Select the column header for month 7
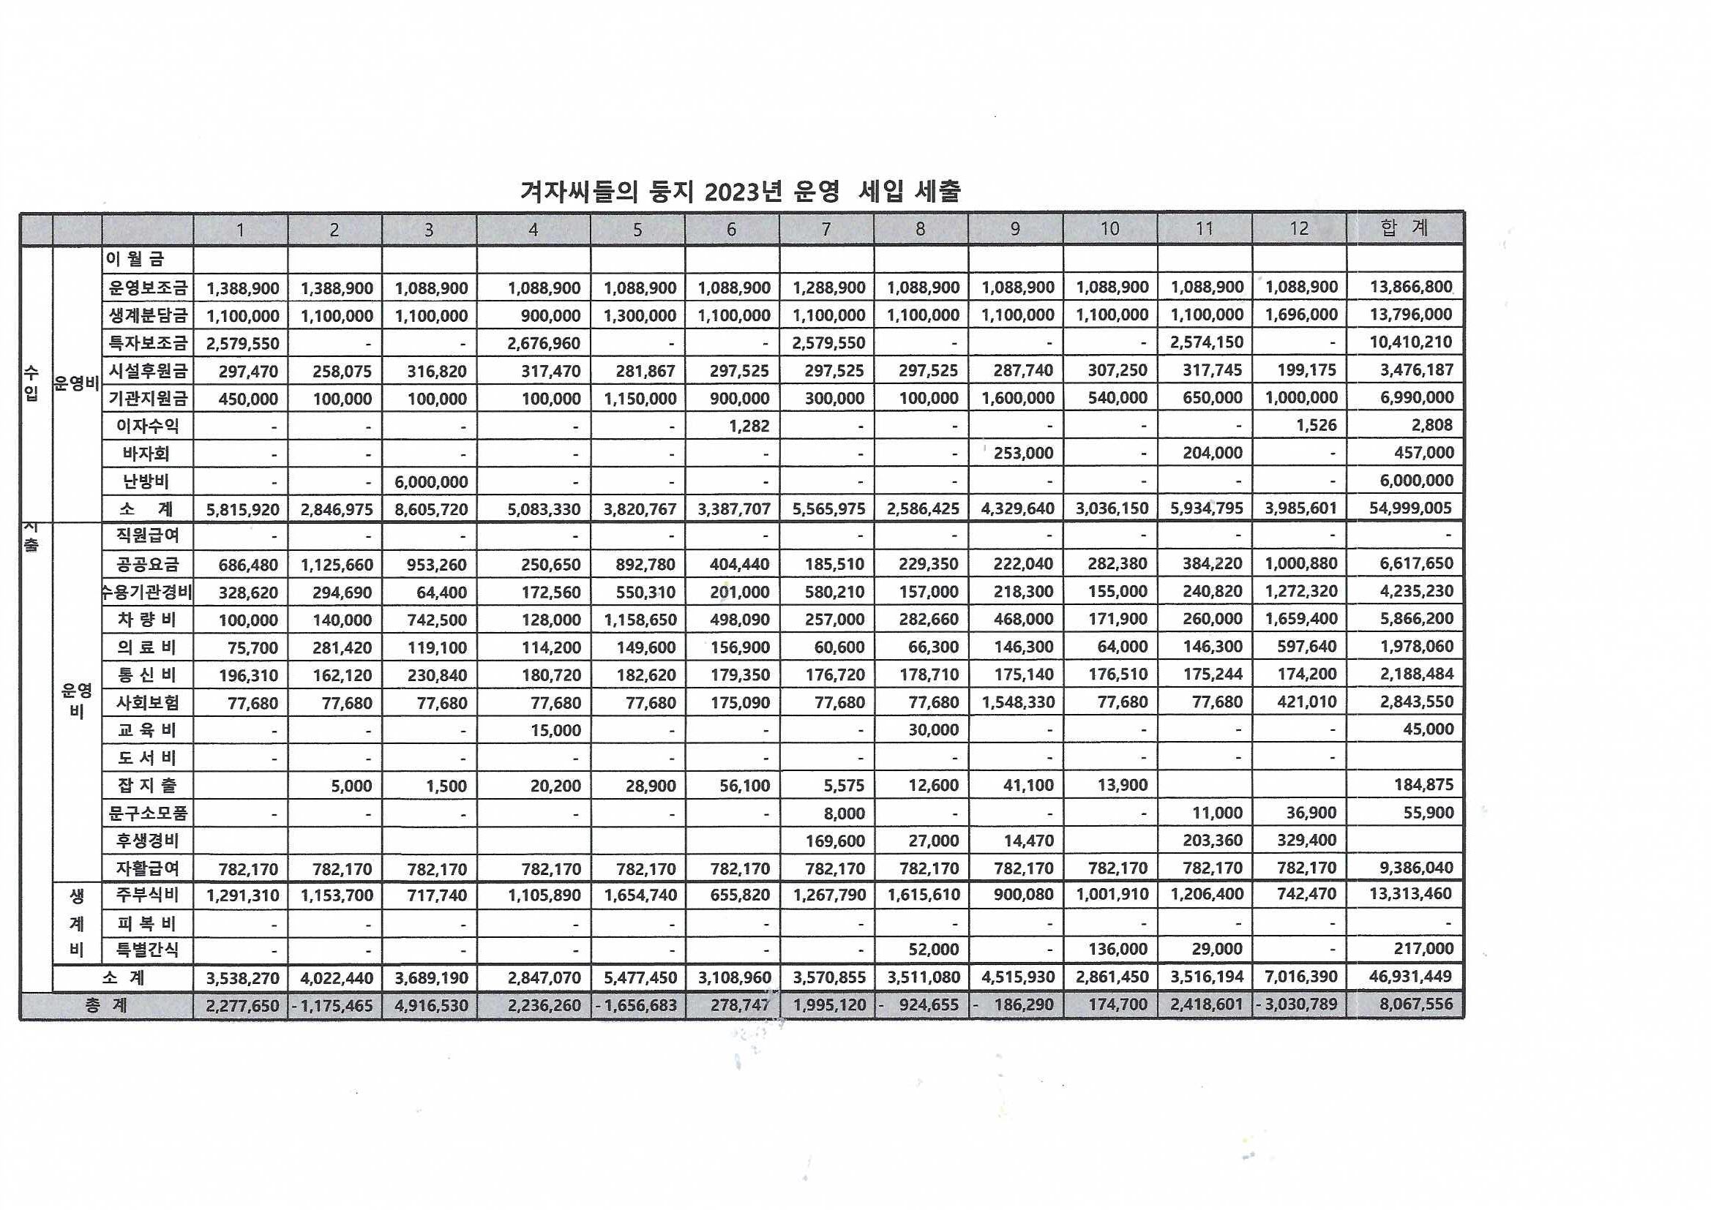825,230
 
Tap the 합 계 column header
1404,228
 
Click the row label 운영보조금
148,288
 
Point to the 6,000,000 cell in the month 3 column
431,481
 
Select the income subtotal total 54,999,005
1410,508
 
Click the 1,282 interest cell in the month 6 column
749,426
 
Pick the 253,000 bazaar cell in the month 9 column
1022,453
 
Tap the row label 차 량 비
147,619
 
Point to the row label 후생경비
147,841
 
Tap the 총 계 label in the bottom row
106,1005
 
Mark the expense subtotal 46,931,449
1410,976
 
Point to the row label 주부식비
147,895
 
